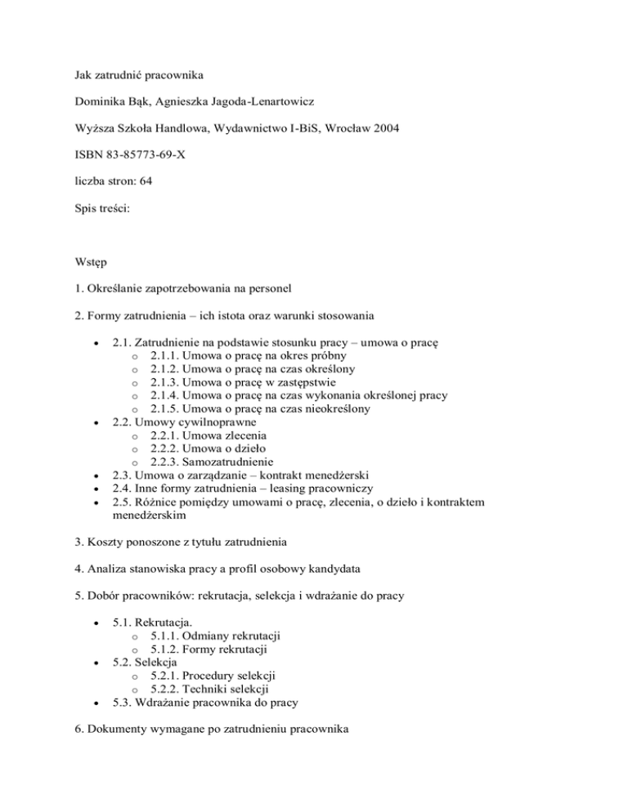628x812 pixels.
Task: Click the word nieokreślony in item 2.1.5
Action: point(335,408)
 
